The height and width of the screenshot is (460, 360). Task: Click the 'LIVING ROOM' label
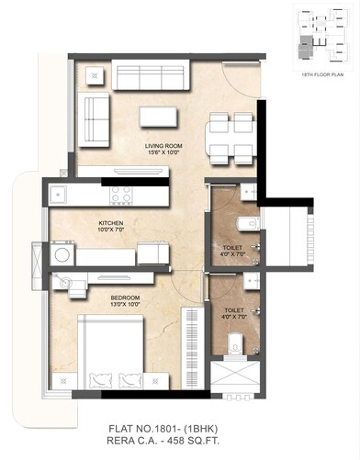pos(165,144)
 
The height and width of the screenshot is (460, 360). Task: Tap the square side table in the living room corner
pos(94,74)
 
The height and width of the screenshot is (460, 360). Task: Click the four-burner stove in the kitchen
pos(121,194)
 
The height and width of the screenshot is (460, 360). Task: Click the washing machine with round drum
pos(62,252)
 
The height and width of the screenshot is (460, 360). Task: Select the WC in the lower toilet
pos(235,344)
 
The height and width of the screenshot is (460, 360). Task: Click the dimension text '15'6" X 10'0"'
pos(165,152)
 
